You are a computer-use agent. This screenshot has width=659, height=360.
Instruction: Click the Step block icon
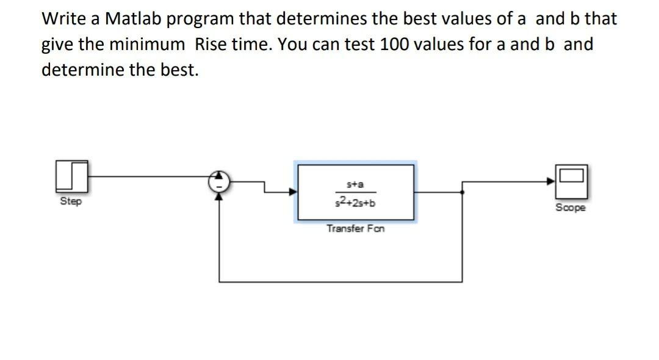[x=72, y=176]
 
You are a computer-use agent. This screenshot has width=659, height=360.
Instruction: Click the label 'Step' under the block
[x=71, y=201]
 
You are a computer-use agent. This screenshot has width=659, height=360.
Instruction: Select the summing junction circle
[x=219, y=181]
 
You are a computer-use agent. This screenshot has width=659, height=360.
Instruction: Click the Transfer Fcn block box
[x=356, y=192]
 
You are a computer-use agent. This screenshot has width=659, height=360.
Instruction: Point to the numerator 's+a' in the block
[x=356, y=184]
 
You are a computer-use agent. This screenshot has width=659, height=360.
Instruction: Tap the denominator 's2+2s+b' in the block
[x=355, y=202]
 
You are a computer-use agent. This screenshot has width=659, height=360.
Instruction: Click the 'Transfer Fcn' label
[x=356, y=229]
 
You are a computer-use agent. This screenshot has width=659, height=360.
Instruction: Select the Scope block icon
[x=572, y=181]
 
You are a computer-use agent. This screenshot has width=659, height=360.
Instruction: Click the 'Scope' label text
[x=571, y=207]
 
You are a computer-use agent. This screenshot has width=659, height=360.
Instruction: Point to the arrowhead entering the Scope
[x=550, y=181]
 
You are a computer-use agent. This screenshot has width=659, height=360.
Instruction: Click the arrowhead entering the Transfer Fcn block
[x=293, y=192]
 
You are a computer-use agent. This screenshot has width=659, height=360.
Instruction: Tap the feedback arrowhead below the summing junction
[x=219, y=196]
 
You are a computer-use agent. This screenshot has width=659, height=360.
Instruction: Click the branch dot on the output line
[x=463, y=192]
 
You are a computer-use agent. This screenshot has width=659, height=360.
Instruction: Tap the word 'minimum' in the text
[x=147, y=44]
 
